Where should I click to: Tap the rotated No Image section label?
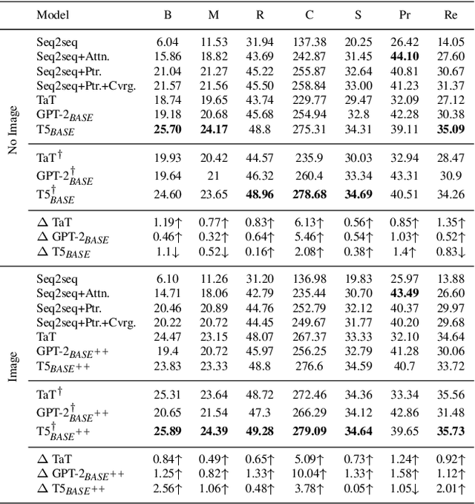(x=13, y=133)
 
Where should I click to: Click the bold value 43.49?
(x=399, y=293)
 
